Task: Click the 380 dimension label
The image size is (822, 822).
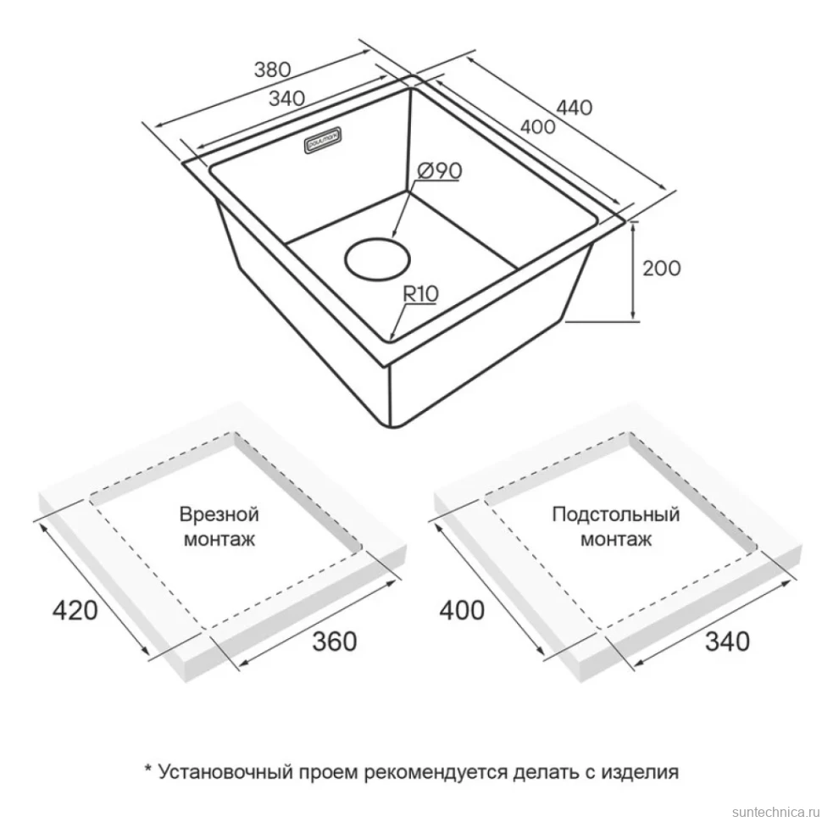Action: tap(272, 69)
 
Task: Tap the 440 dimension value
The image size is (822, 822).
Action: tap(574, 108)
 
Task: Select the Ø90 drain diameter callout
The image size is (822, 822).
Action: tap(439, 171)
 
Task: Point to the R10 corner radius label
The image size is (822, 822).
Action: tap(420, 294)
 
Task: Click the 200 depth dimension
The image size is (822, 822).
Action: tap(662, 269)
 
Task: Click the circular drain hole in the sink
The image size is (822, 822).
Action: tap(377, 258)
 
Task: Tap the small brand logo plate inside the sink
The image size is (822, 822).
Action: tap(324, 140)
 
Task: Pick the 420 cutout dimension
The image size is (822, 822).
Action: tap(75, 611)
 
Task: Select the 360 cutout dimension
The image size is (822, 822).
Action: tap(335, 641)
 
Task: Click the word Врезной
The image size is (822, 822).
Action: tap(219, 514)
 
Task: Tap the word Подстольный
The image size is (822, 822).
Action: tap(615, 514)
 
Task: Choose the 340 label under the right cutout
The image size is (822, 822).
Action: tap(727, 641)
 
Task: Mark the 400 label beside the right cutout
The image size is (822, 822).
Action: tap(462, 611)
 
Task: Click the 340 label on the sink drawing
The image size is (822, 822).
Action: tap(286, 98)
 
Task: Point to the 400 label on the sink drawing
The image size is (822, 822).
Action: tap(537, 126)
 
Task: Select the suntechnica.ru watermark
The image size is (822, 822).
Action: tap(775, 812)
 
